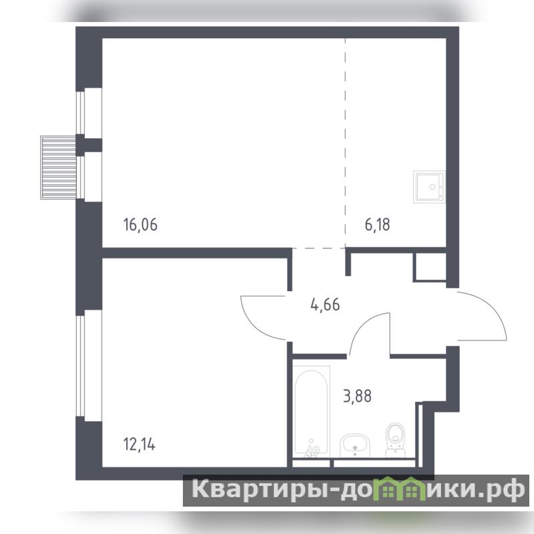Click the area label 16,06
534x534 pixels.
140,225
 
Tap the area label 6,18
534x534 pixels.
377,225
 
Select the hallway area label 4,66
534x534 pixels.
325,304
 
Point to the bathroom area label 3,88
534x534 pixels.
357,396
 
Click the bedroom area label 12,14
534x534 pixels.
140,445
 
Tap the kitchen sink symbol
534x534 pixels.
429,187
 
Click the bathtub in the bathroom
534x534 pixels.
311,411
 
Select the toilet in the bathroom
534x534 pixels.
396,440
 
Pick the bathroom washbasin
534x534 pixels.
355,446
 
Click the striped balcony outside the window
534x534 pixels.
58,168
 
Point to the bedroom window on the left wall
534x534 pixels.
80,366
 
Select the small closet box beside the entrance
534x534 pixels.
430,267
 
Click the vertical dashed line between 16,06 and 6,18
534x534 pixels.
345,142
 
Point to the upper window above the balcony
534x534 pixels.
80,111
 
